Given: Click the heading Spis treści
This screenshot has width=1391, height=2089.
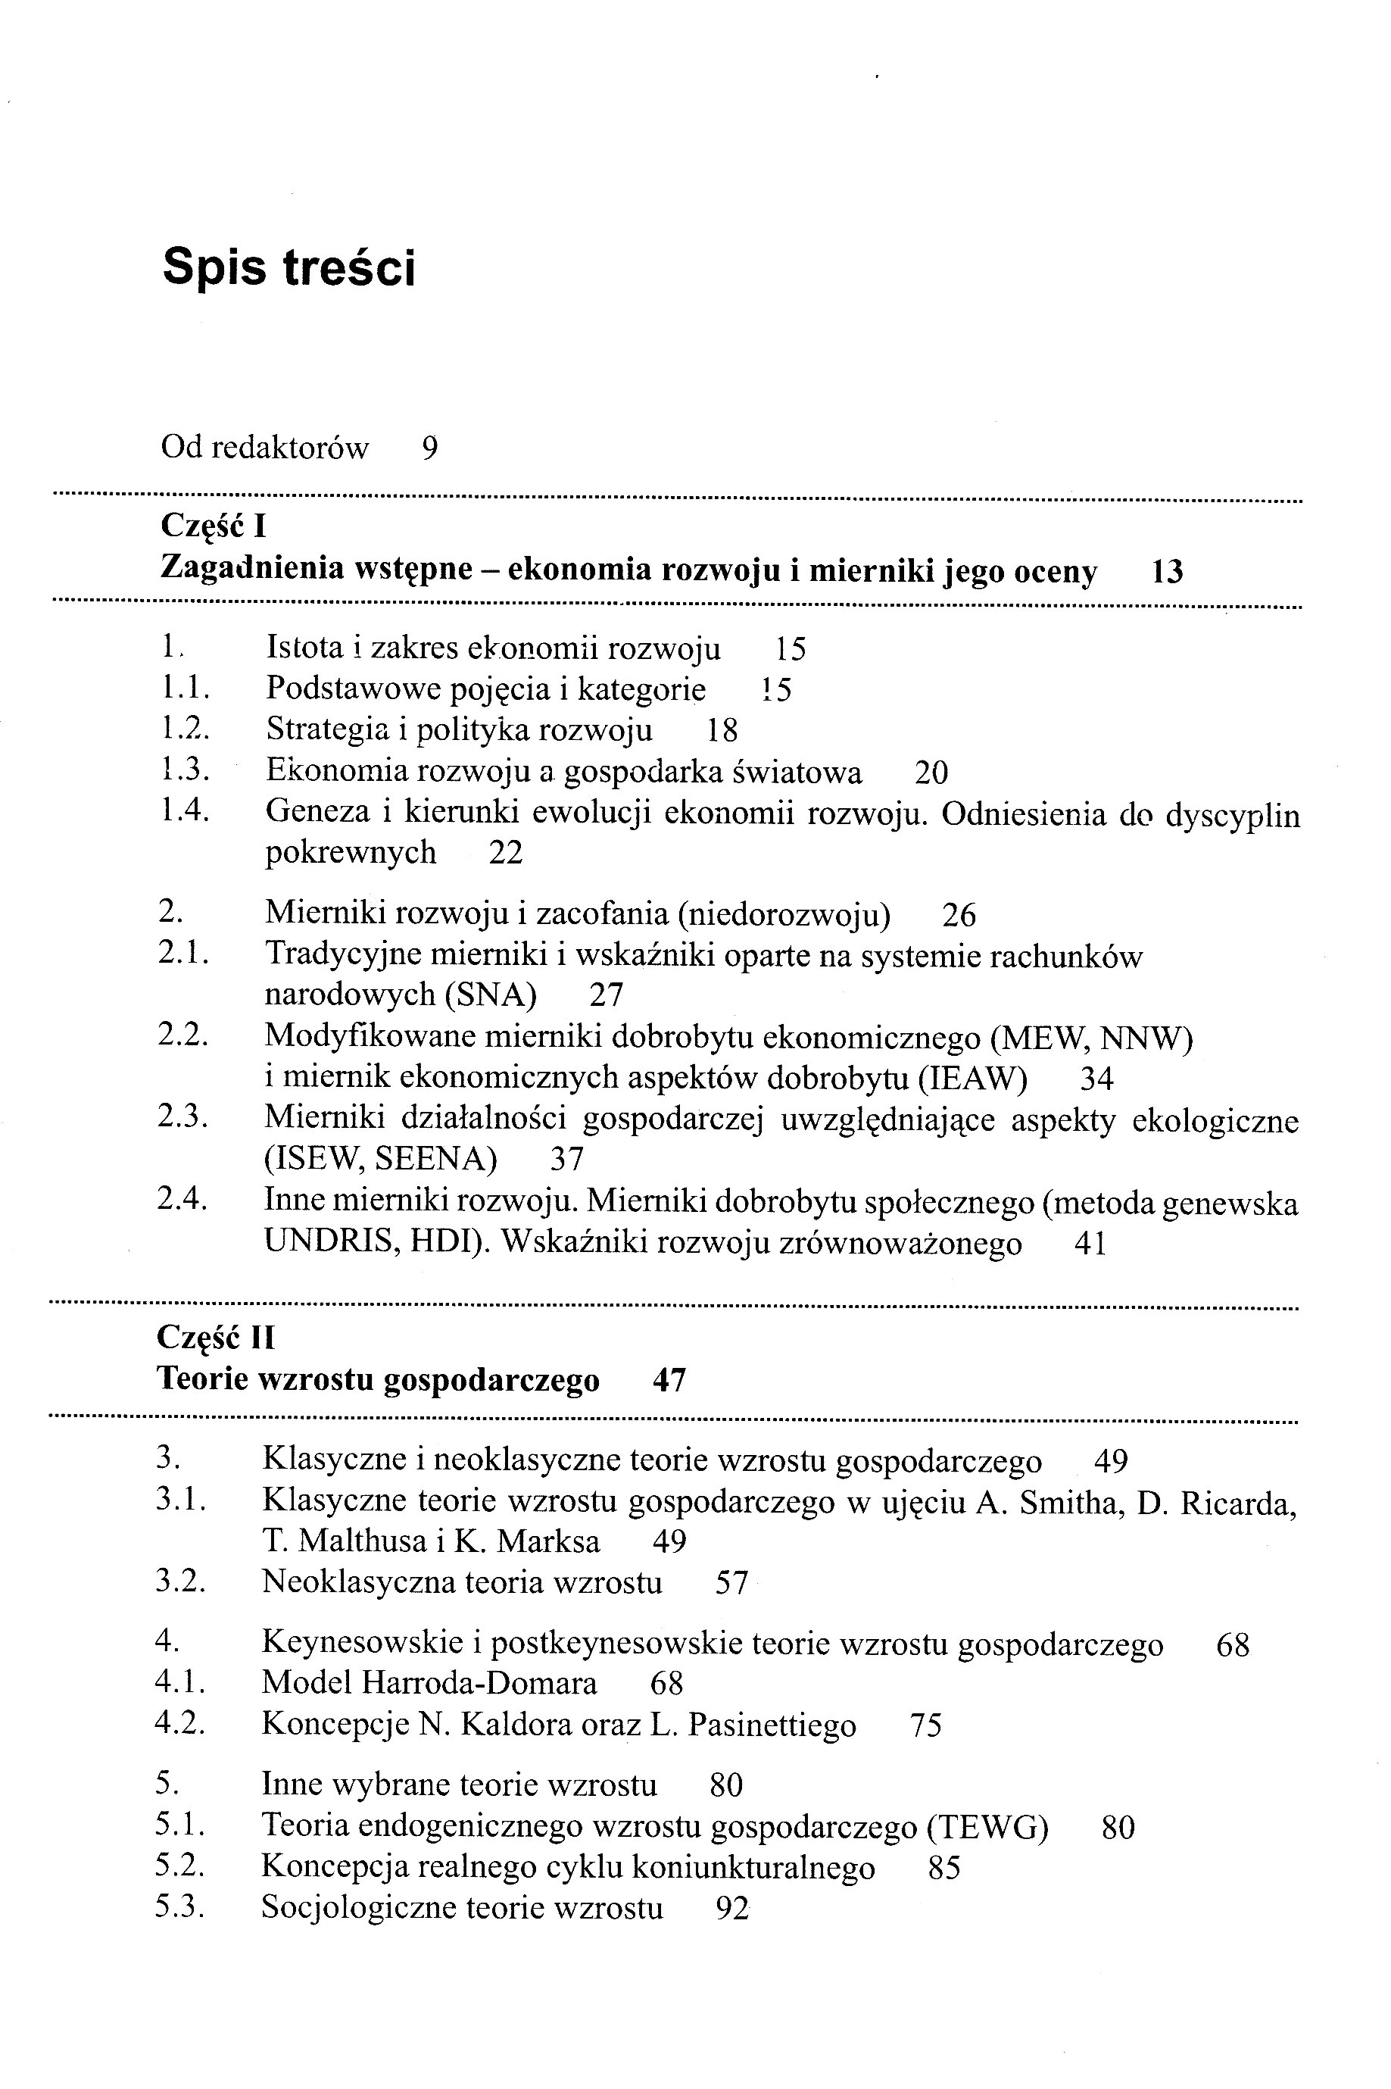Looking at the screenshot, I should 289,268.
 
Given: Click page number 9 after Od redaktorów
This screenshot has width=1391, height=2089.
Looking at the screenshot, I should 430,449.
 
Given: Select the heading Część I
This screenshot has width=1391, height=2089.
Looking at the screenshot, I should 214,527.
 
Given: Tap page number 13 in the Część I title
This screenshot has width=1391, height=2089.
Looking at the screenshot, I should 1167,573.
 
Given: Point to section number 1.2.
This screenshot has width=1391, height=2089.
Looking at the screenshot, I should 185,729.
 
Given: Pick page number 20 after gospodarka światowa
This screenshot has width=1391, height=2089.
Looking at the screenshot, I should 931,773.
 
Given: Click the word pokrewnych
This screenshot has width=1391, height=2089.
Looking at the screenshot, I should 351,853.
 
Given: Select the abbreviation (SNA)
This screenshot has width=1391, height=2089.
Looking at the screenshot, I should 491,995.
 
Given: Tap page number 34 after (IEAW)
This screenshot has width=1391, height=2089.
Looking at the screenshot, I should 1096,1079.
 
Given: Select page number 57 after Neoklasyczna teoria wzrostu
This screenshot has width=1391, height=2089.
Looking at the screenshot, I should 732,1583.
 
